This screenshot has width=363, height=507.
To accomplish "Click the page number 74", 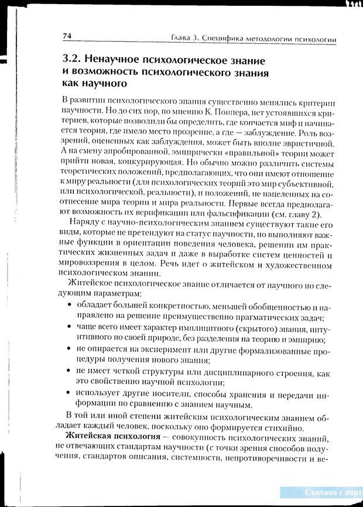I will (x=67, y=36).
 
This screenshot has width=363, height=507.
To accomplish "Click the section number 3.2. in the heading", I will (x=73, y=60).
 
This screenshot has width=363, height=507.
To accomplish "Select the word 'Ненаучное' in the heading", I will (x=124, y=60).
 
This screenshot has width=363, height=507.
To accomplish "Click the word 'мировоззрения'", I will (x=90, y=266).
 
